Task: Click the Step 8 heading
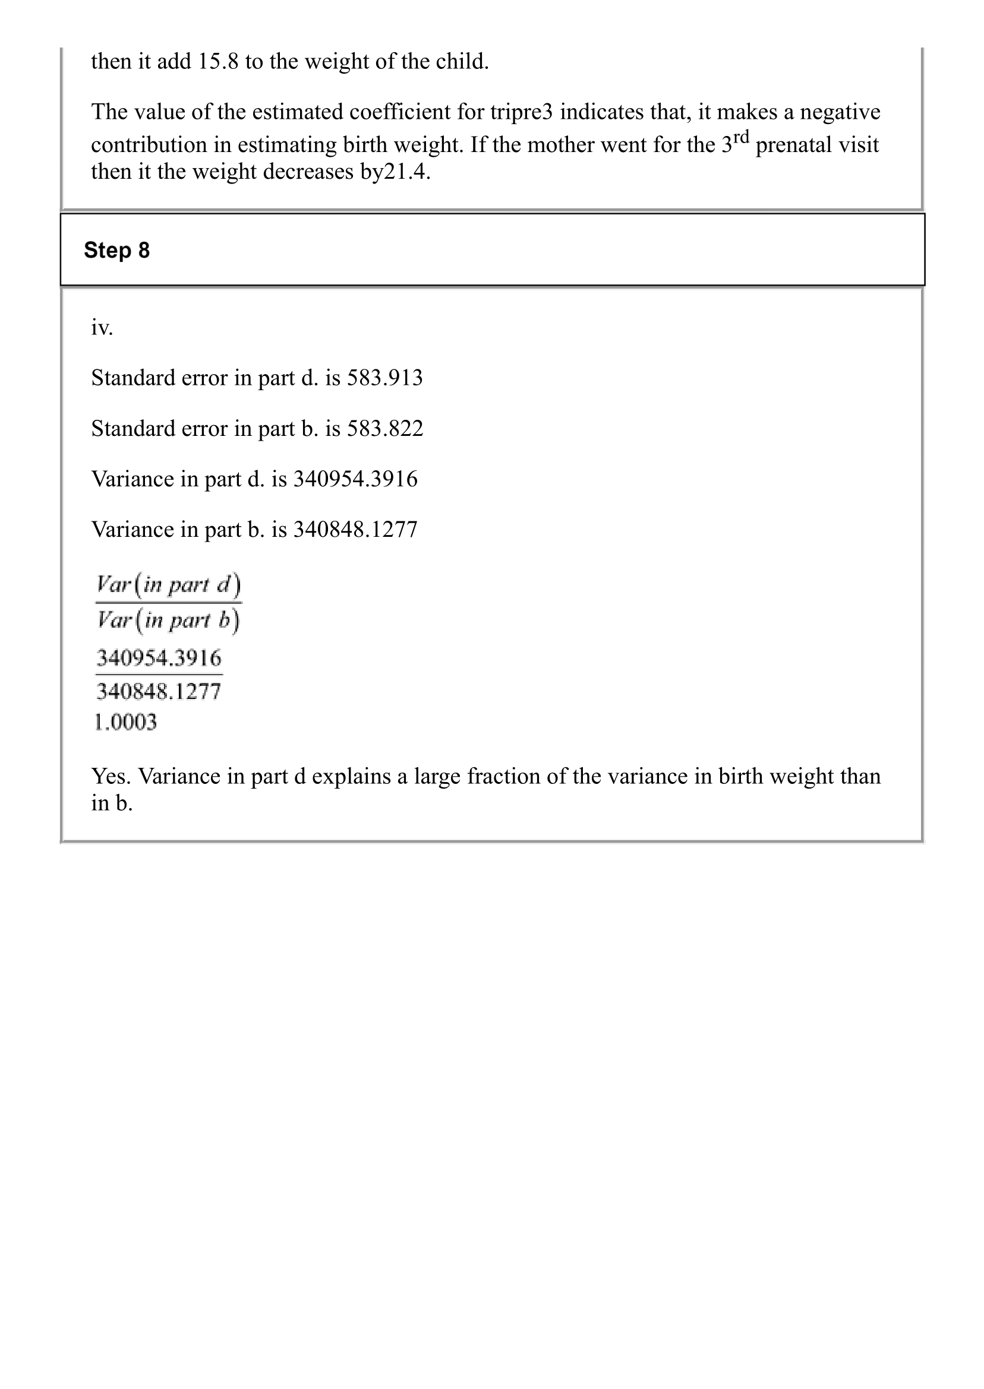(x=116, y=250)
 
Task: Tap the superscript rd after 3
(x=741, y=137)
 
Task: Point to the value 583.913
(x=385, y=378)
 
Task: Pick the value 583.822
(x=385, y=429)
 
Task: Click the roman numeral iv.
(x=102, y=328)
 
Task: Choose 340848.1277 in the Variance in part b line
(x=356, y=530)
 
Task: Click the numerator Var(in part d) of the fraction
(x=168, y=585)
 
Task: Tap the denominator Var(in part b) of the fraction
(x=168, y=620)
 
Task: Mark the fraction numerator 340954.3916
(x=159, y=657)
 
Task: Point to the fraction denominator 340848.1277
(x=159, y=691)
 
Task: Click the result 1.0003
(x=125, y=722)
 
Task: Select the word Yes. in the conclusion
(x=112, y=776)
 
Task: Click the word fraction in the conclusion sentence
(x=503, y=776)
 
